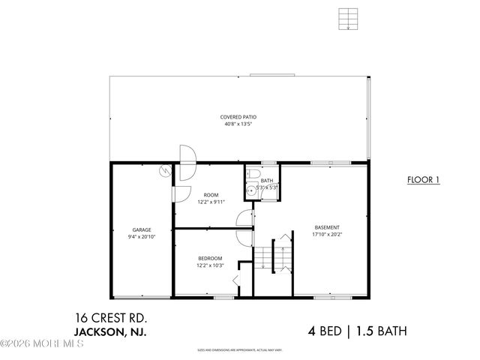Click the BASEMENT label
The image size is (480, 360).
point(326,227)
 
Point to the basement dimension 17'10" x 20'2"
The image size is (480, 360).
point(326,235)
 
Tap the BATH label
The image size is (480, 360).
point(268,181)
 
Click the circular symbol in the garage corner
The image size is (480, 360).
point(164,173)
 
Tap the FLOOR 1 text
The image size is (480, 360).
point(423,180)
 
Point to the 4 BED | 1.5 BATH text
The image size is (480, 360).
point(358,330)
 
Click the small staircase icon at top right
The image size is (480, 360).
point(346,19)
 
